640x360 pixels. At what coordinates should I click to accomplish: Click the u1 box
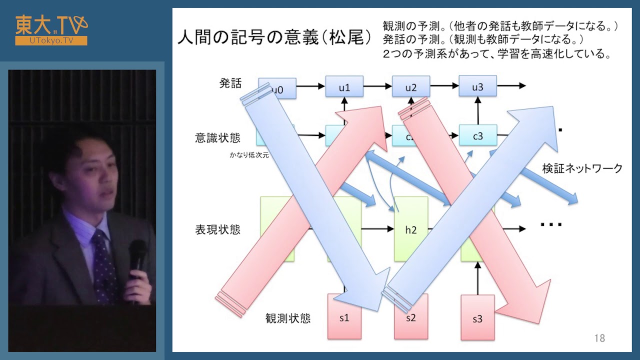(x=344, y=87)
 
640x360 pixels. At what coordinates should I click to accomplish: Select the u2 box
(x=411, y=87)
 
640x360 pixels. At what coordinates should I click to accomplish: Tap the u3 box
(x=477, y=87)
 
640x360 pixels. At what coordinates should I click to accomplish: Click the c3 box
(x=477, y=135)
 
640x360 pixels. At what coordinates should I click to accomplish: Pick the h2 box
(x=411, y=229)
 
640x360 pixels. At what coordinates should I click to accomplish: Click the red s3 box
(x=477, y=318)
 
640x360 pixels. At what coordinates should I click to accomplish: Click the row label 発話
(x=230, y=83)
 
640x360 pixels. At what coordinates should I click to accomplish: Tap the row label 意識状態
(x=217, y=137)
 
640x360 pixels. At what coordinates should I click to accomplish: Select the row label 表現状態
(x=217, y=229)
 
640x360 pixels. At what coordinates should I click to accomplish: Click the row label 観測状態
(x=287, y=318)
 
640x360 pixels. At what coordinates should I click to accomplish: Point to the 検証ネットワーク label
(x=582, y=168)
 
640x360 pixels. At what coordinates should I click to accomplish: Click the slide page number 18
(x=599, y=338)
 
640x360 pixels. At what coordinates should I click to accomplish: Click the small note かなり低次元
(x=249, y=155)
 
